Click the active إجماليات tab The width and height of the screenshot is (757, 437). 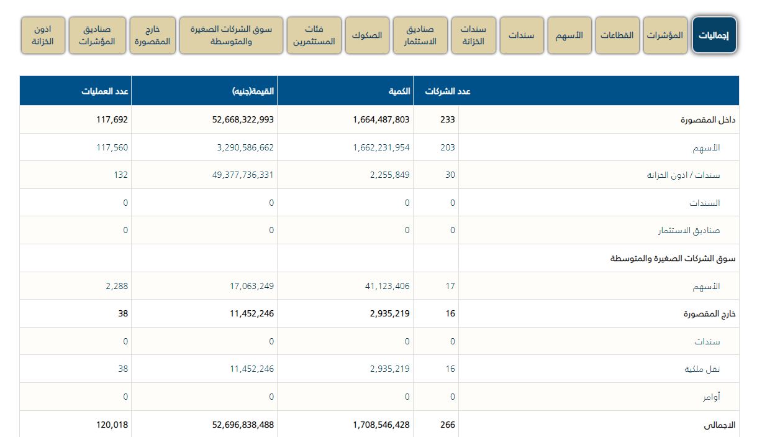[714, 35]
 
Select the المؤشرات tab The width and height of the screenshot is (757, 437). [665, 35]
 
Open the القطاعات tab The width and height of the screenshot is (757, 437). [617, 35]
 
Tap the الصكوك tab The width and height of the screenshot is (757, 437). [366, 35]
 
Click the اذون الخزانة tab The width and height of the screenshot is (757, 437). [43, 35]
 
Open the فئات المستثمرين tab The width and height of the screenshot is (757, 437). [314, 35]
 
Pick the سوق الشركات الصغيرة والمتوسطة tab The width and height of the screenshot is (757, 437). [230, 35]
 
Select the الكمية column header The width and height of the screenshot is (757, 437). [397, 91]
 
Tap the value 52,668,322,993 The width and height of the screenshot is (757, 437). [238, 119]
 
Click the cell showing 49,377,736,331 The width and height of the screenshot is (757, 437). [238, 175]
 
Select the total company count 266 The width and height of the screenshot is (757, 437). [447, 425]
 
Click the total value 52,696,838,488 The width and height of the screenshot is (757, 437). [238, 425]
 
